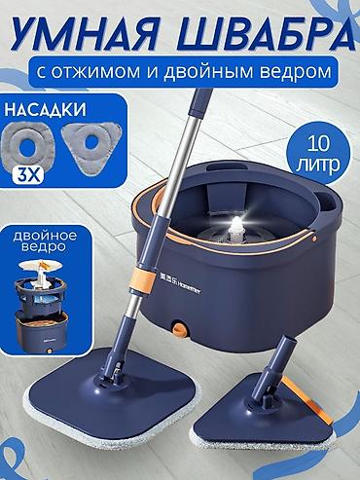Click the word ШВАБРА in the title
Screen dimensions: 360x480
pyautogui.click(x=259, y=34)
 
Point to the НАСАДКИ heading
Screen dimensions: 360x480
pyautogui.click(x=45, y=110)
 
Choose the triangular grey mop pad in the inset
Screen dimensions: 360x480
pyautogui.click(x=91, y=145)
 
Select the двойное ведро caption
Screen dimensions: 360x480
pyautogui.click(x=46, y=240)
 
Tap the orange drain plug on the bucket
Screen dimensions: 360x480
pyautogui.click(x=179, y=328)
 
